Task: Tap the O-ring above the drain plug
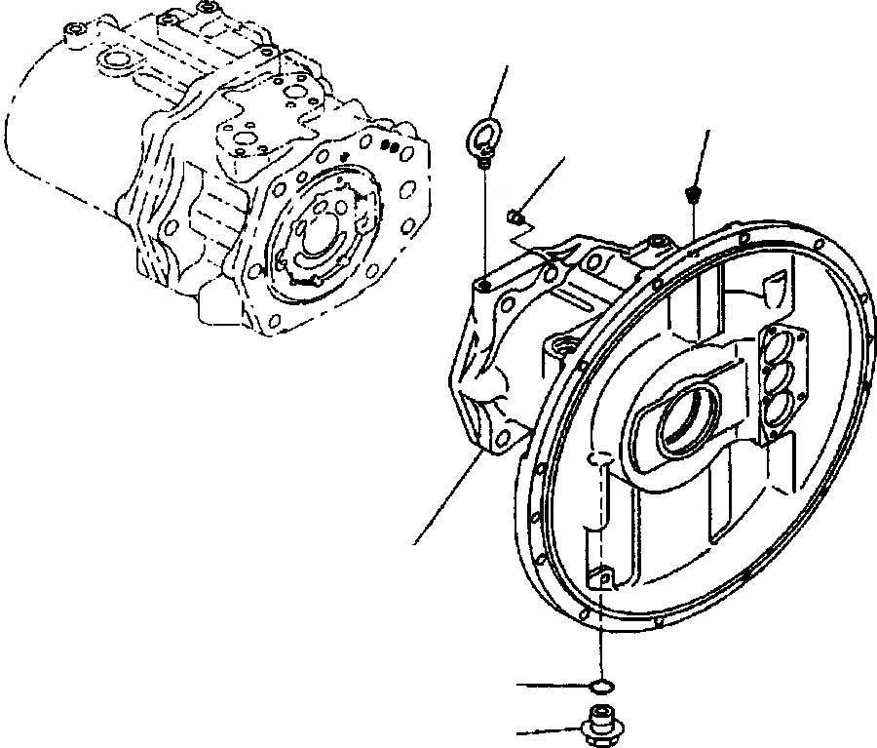(602, 687)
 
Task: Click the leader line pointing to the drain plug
(551, 729)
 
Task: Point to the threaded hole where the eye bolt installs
(483, 285)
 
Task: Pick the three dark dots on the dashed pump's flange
(392, 147)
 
